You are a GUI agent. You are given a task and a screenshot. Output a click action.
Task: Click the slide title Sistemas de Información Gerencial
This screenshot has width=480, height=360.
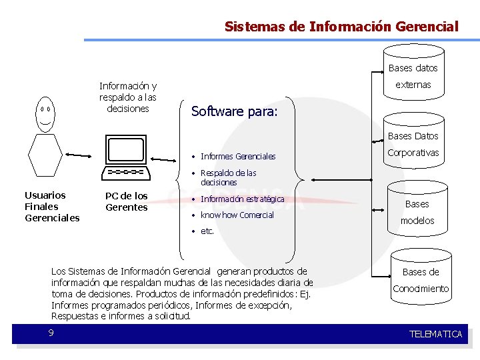click(x=341, y=27)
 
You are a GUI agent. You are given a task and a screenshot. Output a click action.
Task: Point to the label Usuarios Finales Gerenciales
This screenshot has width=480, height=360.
click(x=51, y=207)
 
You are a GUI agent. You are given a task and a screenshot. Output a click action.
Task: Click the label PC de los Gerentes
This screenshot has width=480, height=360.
click(x=127, y=201)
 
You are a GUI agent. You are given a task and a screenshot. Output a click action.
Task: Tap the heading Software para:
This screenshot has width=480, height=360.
click(x=234, y=111)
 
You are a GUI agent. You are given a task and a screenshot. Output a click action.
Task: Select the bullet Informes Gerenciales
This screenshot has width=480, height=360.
click(x=237, y=157)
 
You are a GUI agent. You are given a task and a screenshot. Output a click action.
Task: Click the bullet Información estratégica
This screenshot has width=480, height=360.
click(x=242, y=199)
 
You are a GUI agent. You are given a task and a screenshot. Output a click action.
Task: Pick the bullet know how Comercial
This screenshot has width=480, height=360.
click(x=237, y=215)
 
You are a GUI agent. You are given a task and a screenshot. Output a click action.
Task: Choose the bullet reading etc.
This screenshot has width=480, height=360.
click(x=207, y=231)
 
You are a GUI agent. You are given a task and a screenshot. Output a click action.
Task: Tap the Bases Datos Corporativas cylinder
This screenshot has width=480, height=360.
click(x=413, y=144)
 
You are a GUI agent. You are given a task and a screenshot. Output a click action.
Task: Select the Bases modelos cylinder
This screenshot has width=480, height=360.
click(x=417, y=212)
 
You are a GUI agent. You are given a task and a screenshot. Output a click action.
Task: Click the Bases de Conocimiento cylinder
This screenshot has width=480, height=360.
click(x=421, y=280)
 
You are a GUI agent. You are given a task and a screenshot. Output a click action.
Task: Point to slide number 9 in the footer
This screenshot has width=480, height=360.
click(x=51, y=333)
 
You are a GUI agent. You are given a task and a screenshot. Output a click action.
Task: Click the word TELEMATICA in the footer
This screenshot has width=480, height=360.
click(x=435, y=334)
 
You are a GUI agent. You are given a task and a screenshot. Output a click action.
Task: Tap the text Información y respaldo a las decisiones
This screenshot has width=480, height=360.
click(x=128, y=97)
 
